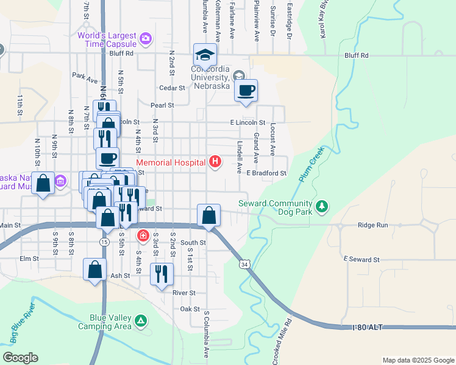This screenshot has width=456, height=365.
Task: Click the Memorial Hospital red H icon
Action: click(215, 162)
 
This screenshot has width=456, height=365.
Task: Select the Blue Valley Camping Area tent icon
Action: click(141, 321)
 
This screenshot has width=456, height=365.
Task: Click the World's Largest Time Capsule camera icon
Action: click(145, 40)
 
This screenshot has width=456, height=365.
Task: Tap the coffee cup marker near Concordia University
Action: click(246, 91)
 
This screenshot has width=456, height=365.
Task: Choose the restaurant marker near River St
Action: click(162, 274)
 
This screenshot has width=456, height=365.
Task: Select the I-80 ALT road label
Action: click(368, 327)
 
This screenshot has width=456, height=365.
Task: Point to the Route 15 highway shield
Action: click(105, 242)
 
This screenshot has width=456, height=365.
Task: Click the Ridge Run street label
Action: click(372, 225)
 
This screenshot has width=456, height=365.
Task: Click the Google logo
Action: click(20, 358)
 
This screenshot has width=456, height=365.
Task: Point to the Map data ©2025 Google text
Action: click(418, 360)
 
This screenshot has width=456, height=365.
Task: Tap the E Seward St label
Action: click(362, 259)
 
